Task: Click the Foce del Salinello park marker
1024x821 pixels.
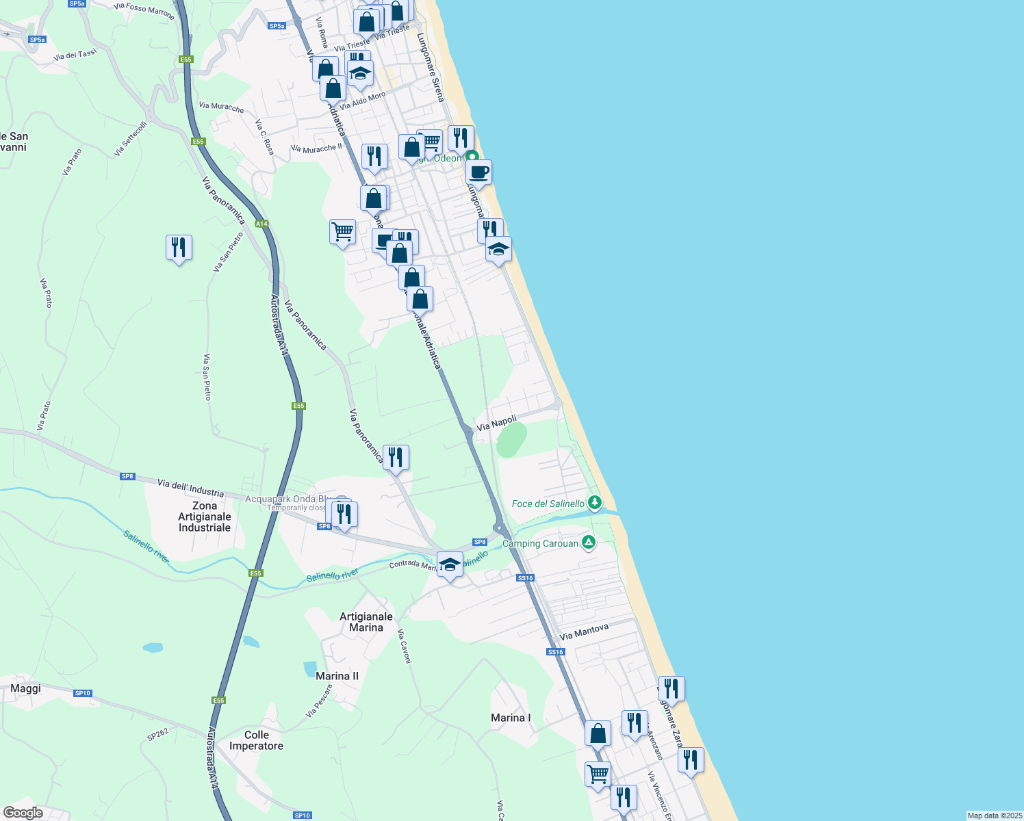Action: click(x=595, y=503)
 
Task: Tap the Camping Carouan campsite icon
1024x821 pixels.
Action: click(x=588, y=543)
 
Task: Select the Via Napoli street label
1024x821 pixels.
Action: click(x=496, y=423)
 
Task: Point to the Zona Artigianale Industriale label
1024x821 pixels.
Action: click(x=205, y=517)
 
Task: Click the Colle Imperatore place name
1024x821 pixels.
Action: click(x=256, y=740)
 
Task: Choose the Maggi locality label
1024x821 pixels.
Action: click(x=26, y=688)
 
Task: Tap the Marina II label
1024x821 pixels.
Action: click(x=337, y=676)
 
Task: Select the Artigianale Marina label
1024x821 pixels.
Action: click(x=366, y=622)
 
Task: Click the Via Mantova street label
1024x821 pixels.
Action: click(x=584, y=631)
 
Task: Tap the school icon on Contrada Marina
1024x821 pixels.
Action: click(x=450, y=565)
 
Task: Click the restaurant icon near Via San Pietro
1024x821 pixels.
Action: click(x=179, y=248)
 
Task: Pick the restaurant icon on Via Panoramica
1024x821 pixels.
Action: click(x=396, y=458)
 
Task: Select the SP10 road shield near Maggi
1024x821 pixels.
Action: click(x=83, y=693)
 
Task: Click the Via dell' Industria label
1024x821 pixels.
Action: click(x=190, y=488)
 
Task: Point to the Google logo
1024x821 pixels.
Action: click(x=23, y=813)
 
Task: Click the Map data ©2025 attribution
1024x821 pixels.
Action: click(x=994, y=816)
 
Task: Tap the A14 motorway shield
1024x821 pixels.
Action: click(x=261, y=224)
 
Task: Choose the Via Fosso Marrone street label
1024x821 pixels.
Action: click(x=144, y=11)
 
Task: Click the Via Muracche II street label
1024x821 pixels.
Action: click(x=316, y=148)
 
